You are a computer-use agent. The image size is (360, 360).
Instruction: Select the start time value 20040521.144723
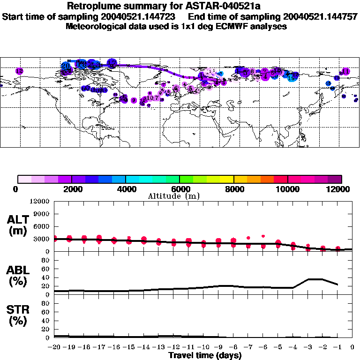(x=140, y=16)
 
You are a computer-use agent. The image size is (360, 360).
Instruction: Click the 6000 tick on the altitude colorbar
(x=180, y=189)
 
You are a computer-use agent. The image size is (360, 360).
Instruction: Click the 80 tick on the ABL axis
(x=46, y=261)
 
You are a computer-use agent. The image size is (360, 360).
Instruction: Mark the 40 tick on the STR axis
(x=46, y=321)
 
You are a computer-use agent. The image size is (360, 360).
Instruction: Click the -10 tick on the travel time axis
(x=203, y=347)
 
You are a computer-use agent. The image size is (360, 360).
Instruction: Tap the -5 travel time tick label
(x=278, y=347)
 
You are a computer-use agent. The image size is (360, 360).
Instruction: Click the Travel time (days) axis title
(x=205, y=355)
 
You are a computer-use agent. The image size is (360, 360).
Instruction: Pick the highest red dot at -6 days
(x=263, y=236)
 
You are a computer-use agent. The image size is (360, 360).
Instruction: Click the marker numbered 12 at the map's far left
(x=19, y=71)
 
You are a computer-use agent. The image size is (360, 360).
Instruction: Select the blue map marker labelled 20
(x=66, y=67)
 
